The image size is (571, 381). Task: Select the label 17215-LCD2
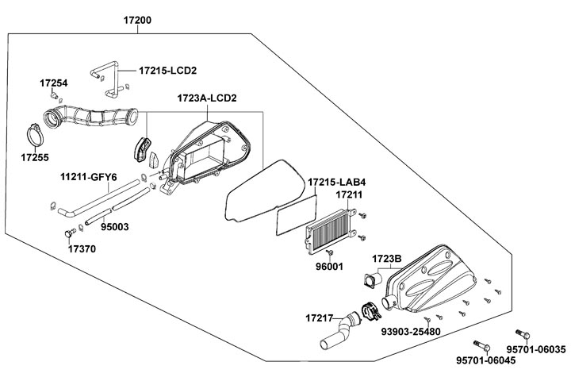[167, 71]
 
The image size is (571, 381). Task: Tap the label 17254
[54, 83]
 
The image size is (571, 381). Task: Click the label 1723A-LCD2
[207, 98]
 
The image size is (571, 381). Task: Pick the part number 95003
[114, 226]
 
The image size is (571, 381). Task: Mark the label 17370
[82, 248]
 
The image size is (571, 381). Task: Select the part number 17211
[349, 194]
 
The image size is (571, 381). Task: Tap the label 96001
[329, 266]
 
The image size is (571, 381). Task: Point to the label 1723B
[387, 258]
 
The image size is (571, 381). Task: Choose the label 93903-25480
[411, 330]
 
